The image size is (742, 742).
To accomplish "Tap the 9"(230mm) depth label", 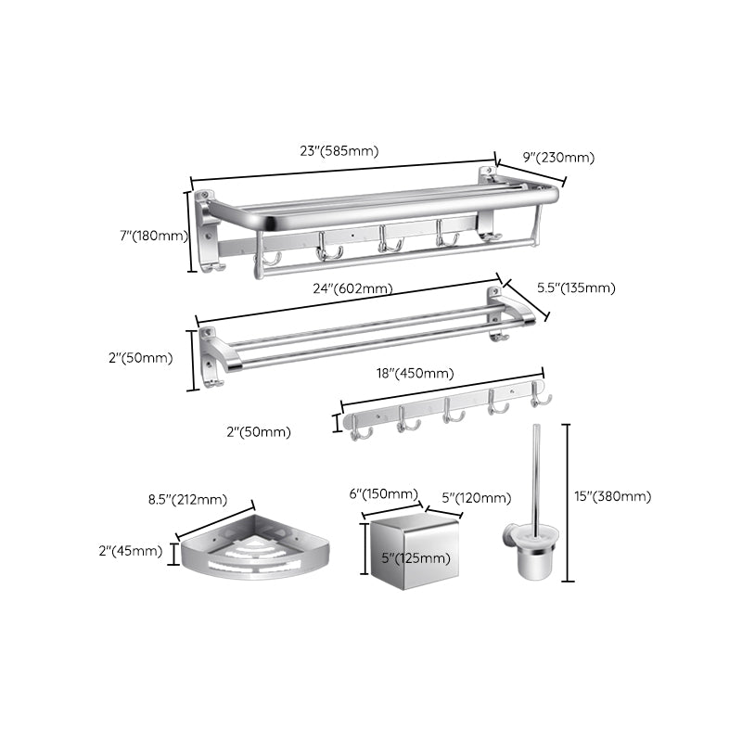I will coord(558,158).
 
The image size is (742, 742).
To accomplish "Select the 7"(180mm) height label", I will coord(154,236).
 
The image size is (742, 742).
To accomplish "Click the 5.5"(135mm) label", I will coord(576,288).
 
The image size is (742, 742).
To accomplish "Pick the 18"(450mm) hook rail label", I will coord(415,374).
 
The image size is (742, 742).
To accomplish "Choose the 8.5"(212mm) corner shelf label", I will coord(187,499).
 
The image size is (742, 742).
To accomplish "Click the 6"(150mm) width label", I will coord(384,495).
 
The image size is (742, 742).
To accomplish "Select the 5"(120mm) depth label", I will coord(475,499).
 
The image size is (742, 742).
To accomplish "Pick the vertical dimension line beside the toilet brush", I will coord(568,501).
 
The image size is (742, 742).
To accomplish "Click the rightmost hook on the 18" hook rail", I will coord(540,398).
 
